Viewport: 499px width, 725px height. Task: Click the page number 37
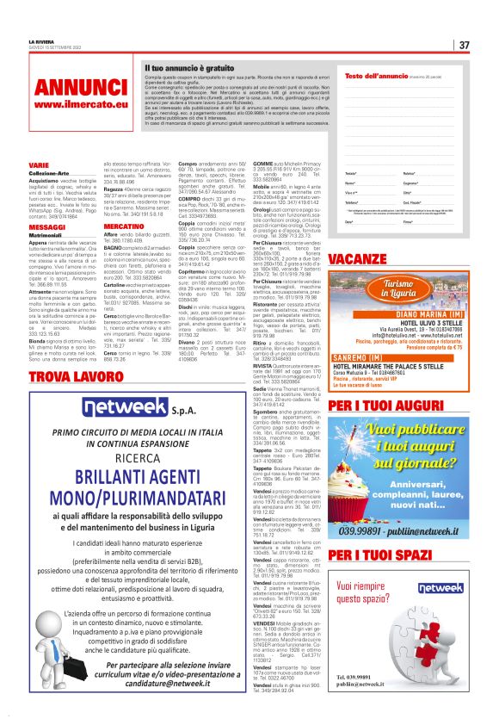[464, 45]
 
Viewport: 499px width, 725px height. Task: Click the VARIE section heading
[39, 164]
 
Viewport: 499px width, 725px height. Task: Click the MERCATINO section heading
[123, 226]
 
